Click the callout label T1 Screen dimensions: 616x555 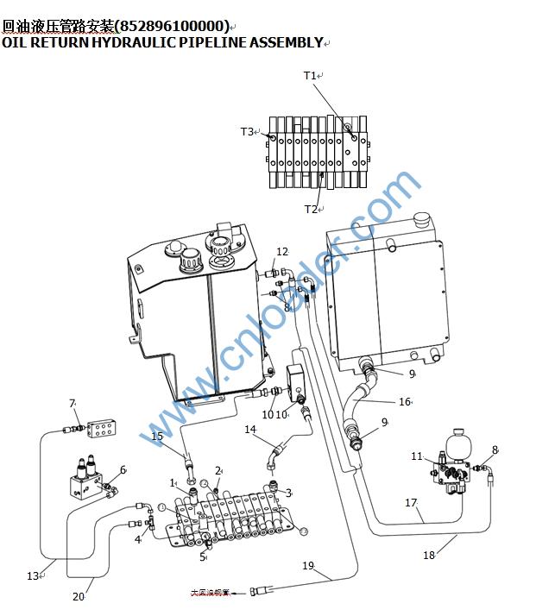(x=310, y=76)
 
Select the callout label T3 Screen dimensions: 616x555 (x=247, y=132)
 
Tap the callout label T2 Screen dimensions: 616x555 (x=310, y=209)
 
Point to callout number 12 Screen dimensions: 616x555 (x=282, y=252)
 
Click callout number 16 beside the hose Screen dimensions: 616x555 (x=404, y=402)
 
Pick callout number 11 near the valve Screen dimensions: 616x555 (x=417, y=456)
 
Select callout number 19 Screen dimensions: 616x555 (x=308, y=566)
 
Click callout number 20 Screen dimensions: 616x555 (x=79, y=596)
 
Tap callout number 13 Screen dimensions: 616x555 (x=33, y=576)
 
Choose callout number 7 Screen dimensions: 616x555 (x=73, y=403)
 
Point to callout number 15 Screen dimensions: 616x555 (x=157, y=437)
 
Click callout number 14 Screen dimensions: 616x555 (x=250, y=429)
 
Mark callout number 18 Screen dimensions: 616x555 (x=429, y=556)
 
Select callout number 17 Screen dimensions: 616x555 (x=411, y=502)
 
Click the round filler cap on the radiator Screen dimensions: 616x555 (x=422, y=221)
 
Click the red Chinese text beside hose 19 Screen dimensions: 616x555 (x=211, y=593)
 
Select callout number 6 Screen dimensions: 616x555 (x=123, y=470)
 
